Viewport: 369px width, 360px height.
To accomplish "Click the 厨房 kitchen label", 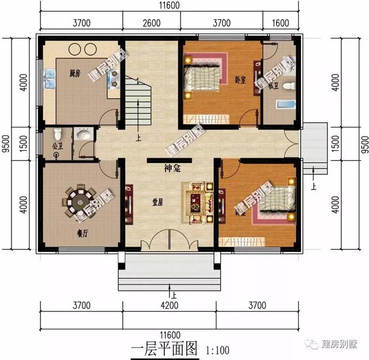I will pos(74,73).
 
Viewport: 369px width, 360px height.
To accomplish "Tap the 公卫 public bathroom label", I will pos(57,147).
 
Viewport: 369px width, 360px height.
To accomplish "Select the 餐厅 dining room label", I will pos(82,234).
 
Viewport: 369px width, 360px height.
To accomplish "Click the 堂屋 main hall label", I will pos(157,202).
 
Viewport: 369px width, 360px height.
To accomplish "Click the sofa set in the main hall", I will pos(198,202).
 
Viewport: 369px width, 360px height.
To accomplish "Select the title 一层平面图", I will pos(164,348).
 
